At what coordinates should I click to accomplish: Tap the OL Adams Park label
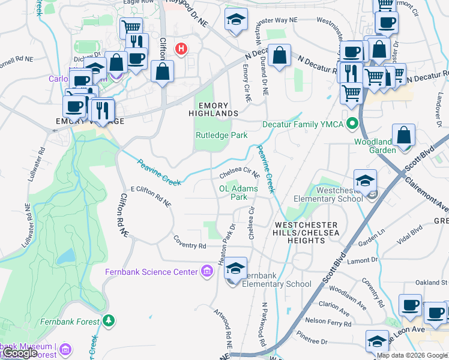(x=239, y=193)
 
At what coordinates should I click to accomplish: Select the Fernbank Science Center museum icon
(x=208, y=272)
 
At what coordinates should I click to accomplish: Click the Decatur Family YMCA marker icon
(x=353, y=125)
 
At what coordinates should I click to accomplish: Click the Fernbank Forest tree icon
(x=108, y=322)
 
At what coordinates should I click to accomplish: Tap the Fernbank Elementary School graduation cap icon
(x=235, y=268)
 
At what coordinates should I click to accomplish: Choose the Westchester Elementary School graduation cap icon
(x=365, y=180)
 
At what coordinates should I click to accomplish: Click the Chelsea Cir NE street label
(x=239, y=173)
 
